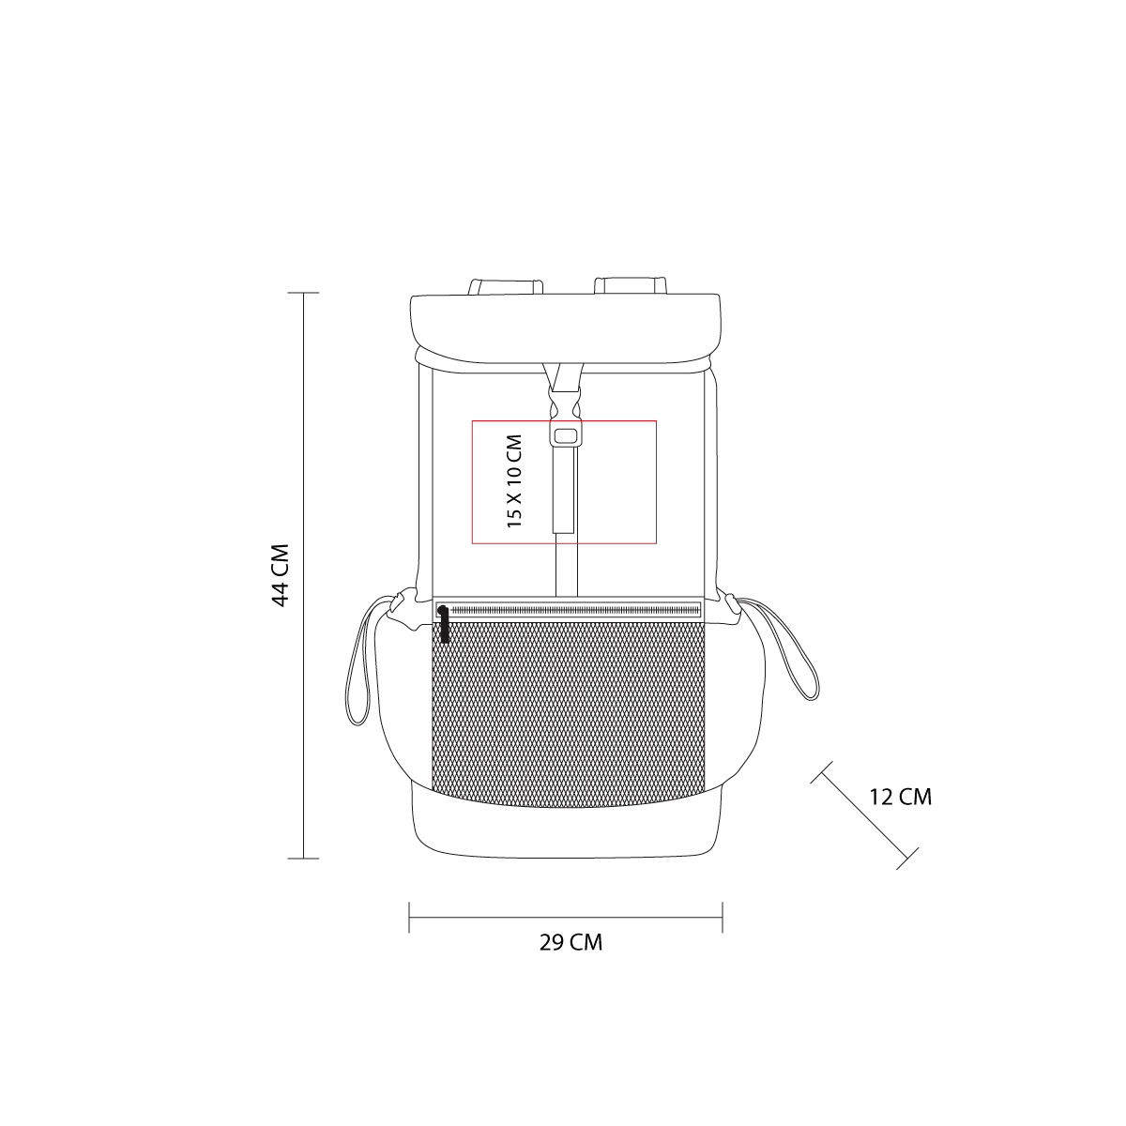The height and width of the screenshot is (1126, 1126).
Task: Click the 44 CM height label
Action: point(281,575)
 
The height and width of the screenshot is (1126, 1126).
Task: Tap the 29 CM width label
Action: point(571,942)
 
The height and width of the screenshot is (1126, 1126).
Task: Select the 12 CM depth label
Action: point(901,797)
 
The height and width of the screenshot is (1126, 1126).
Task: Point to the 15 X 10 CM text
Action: point(514,481)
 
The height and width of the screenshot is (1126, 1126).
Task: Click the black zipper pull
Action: point(444,624)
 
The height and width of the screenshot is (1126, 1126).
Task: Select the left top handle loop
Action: point(506,286)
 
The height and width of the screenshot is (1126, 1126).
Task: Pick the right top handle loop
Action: point(631,285)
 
